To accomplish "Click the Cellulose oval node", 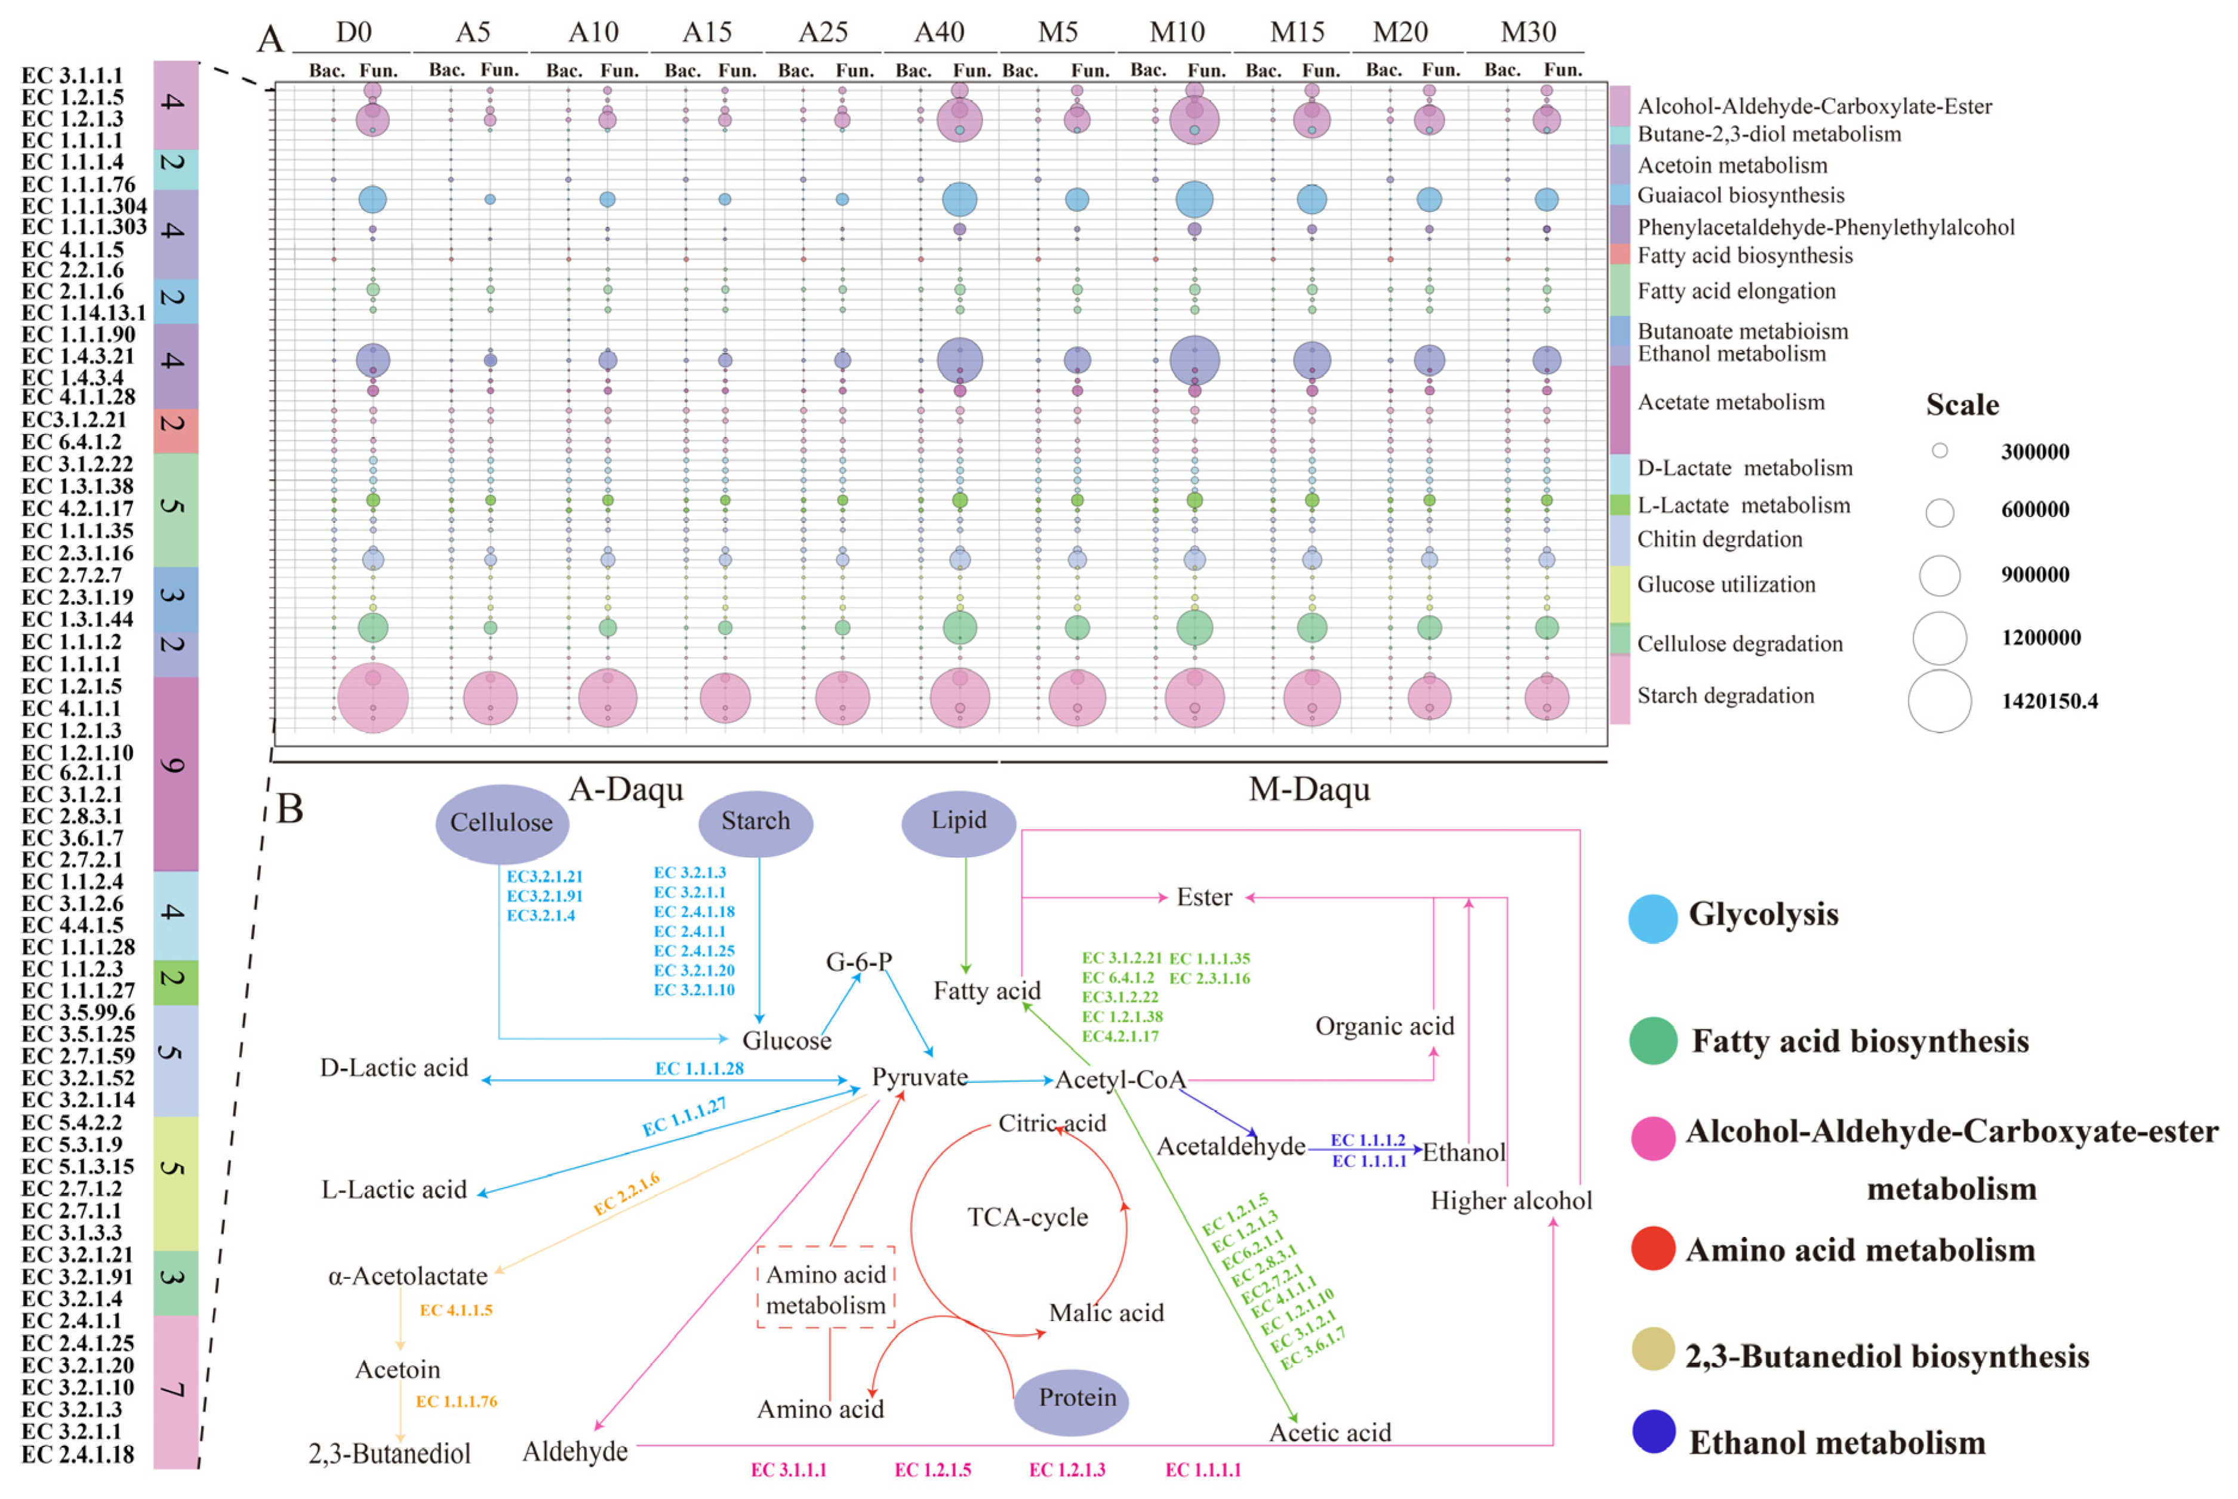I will click(x=502, y=823).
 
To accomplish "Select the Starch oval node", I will click(x=755, y=822).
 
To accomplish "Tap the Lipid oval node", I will click(x=958, y=821).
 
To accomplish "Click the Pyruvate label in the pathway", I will click(x=920, y=1078).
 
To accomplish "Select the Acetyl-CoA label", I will click(x=1120, y=1081).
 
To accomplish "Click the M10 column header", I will click(x=1177, y=32).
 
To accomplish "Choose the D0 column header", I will click(x=354, y=32).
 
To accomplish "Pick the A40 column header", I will click(x=939, y=32).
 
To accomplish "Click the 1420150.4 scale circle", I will click(x=1939, y=701).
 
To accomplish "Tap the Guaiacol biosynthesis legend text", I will click(x=1740, y=196).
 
